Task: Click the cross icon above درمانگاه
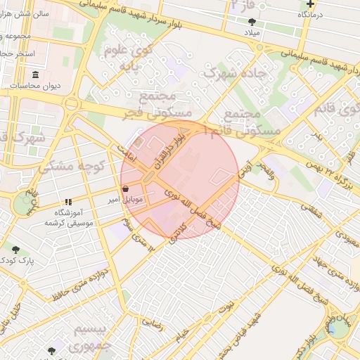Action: point(309,4)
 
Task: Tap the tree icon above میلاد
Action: point(252,21)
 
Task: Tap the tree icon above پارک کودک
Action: point(15,249)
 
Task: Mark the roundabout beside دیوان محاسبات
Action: point(70,104)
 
